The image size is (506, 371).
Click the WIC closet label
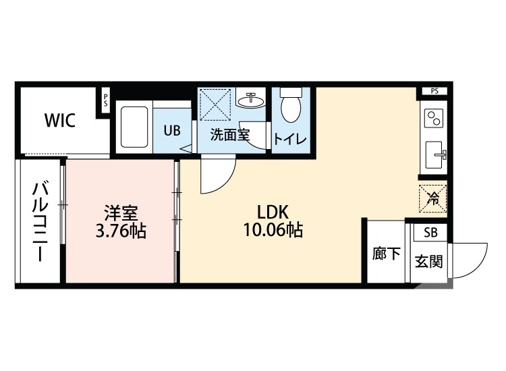[x=59, y=121]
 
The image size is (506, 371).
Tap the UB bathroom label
[x=172, y=131]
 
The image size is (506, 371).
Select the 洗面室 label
[x=229, y=134]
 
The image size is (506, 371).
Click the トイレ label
[x=290, y=139]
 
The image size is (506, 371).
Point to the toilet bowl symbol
[x=291, y=107]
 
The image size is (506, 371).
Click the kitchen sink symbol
[x=433, y=154]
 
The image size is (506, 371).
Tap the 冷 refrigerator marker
[x=433, y=198]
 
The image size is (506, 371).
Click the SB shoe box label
[x=429, y=233]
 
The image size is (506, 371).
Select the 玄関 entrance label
[x=428, y=261]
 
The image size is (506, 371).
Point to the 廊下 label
[x=386, y=254]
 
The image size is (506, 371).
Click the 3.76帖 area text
[x=121, y=231]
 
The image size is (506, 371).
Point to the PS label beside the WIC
[x=105, y=101]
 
